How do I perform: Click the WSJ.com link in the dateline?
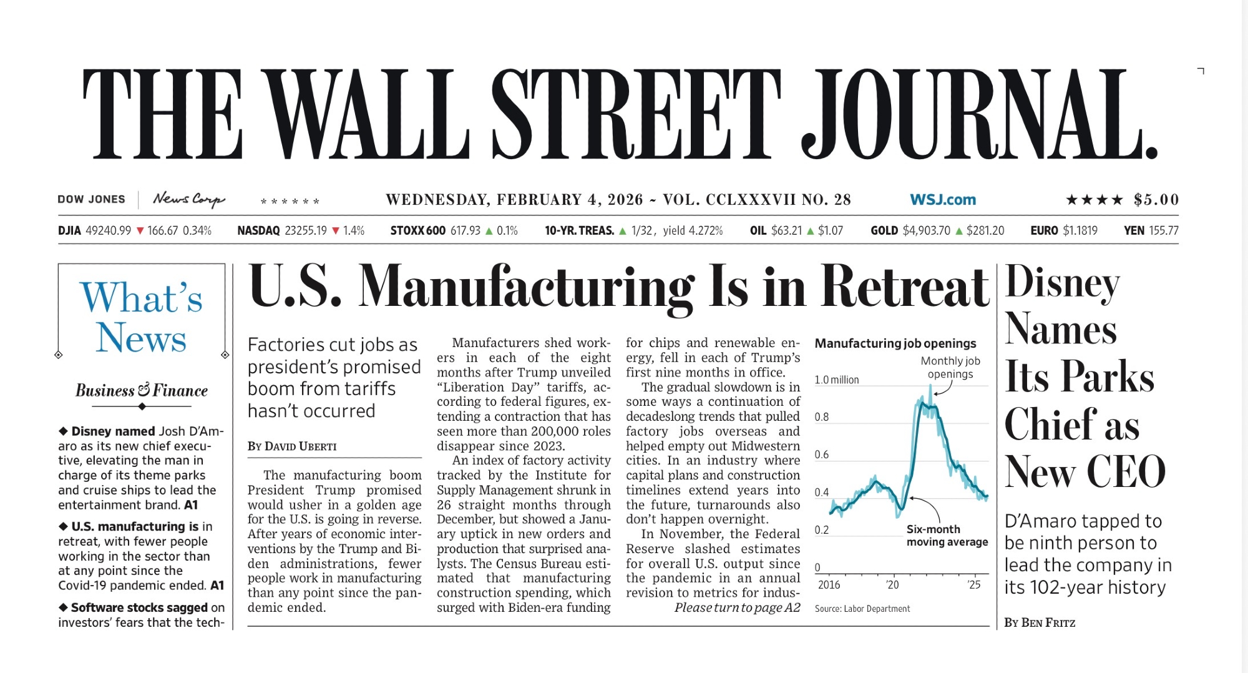coord(942,200)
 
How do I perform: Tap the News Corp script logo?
coord(188,199)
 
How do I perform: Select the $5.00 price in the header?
coord(1156,200)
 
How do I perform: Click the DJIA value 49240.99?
coord(108,231)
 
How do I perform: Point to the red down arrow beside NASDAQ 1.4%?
coord(336,231)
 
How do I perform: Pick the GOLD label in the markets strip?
coord(884,231)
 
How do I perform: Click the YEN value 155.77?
coord(1163,231)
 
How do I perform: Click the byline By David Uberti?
coord(292,446)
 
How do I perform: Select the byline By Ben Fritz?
coord(1040,622)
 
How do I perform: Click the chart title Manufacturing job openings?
coord(895,343)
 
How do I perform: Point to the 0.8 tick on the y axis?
coord(822,417)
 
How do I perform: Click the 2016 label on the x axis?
coord(829,585)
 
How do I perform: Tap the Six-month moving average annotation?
coord(947,536)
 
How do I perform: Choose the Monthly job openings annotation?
coord(950,368)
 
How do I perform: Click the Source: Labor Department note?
coord(862,609)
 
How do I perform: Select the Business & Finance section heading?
coord(142,391)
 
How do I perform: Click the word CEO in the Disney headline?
coord(1126,472)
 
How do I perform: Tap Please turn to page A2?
coord(737,608)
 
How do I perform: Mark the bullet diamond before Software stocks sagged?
coord(63,607)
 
